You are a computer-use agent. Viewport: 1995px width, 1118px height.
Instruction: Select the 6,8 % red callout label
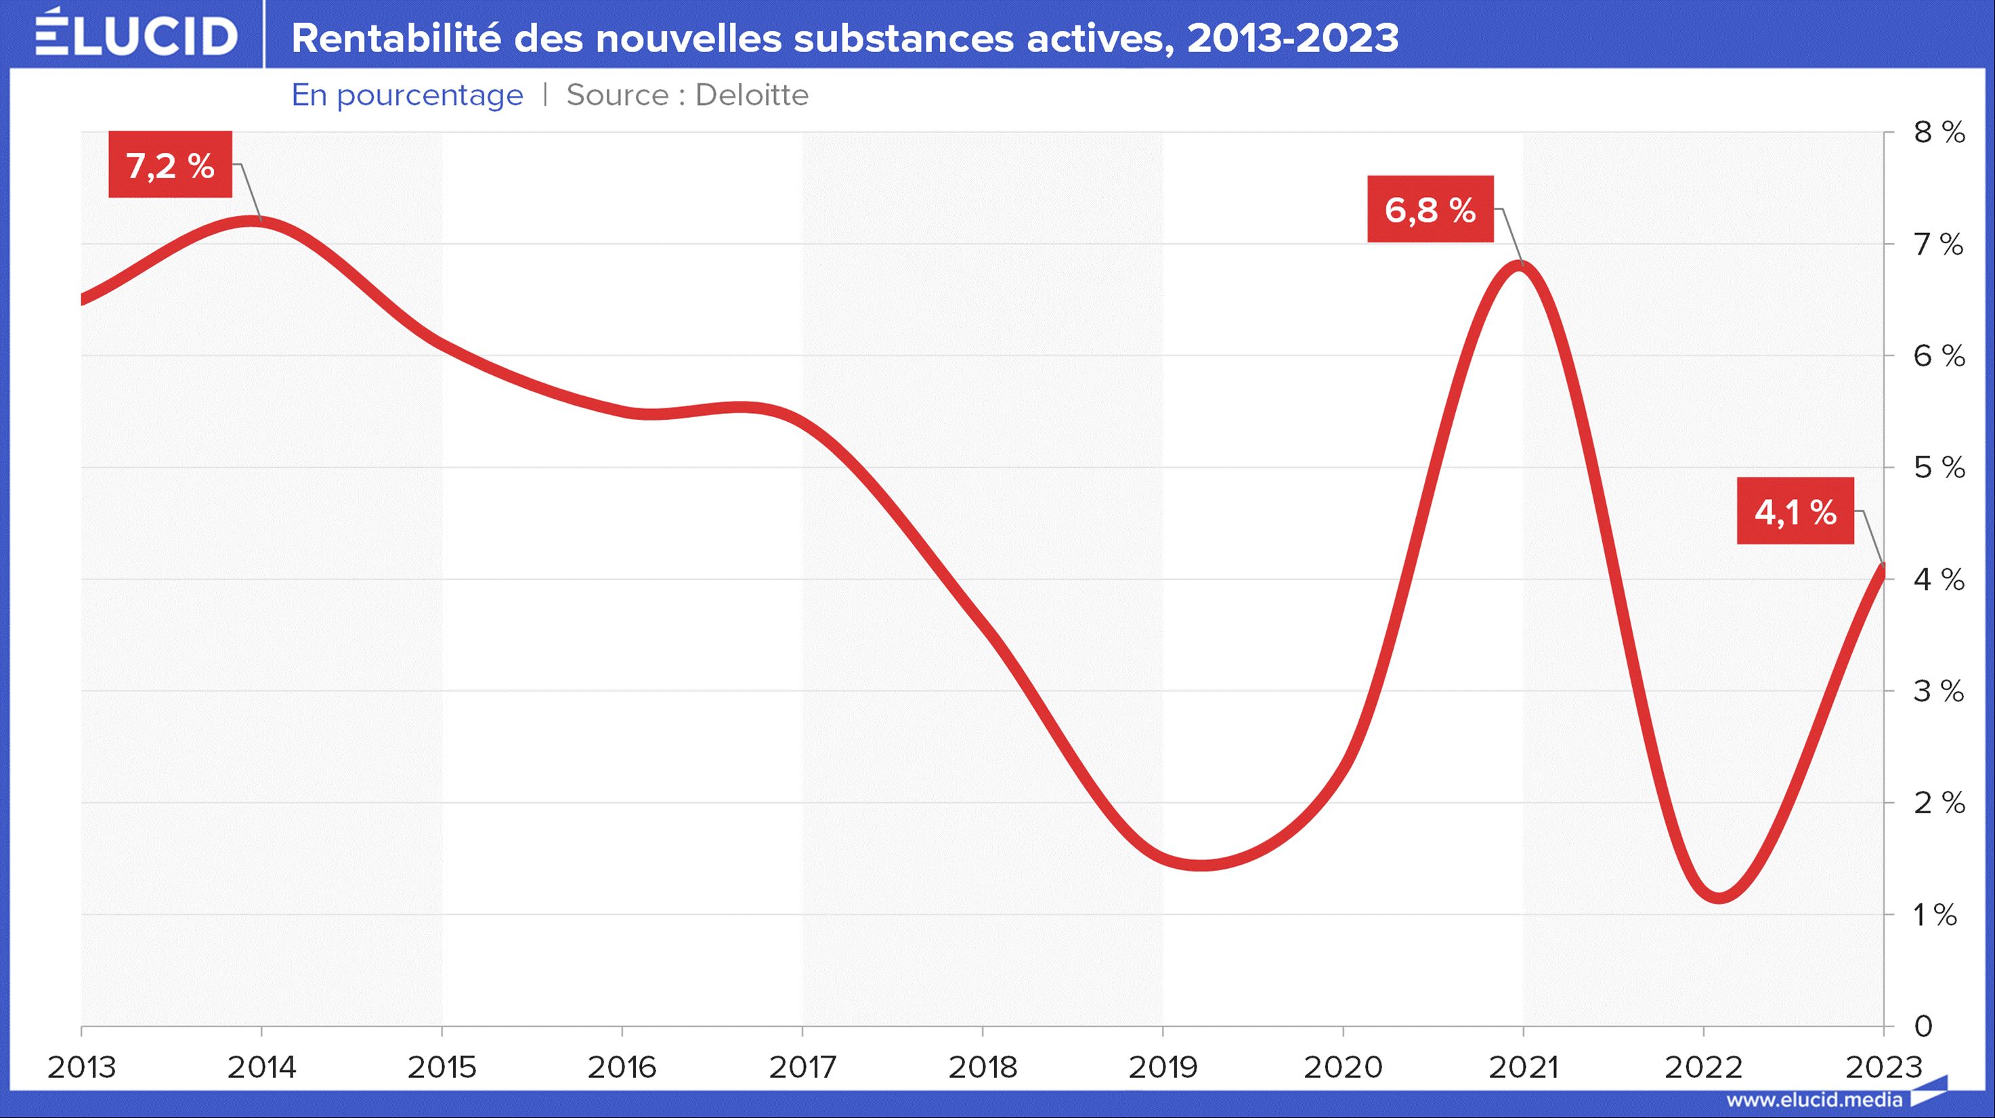click(1430, 210)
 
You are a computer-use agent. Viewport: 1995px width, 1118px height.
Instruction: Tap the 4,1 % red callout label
click(1795, 512)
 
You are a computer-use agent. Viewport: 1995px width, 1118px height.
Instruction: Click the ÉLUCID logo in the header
click(136, 35)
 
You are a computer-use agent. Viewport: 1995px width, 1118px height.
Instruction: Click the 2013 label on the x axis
click(81, 1068)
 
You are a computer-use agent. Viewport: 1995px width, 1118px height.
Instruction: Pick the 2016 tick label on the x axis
click(622, 1068)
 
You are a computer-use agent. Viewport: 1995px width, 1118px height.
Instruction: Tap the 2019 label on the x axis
click(1163, 1068)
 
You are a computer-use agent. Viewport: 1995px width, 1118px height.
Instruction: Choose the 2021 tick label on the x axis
click(1522, 1068)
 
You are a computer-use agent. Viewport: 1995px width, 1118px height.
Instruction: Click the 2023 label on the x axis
click(1883, 1068)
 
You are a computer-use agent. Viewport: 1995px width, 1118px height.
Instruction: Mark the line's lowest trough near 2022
click(1719, 897)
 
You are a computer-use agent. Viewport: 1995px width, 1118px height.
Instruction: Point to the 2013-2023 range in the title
click(1293, 38)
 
